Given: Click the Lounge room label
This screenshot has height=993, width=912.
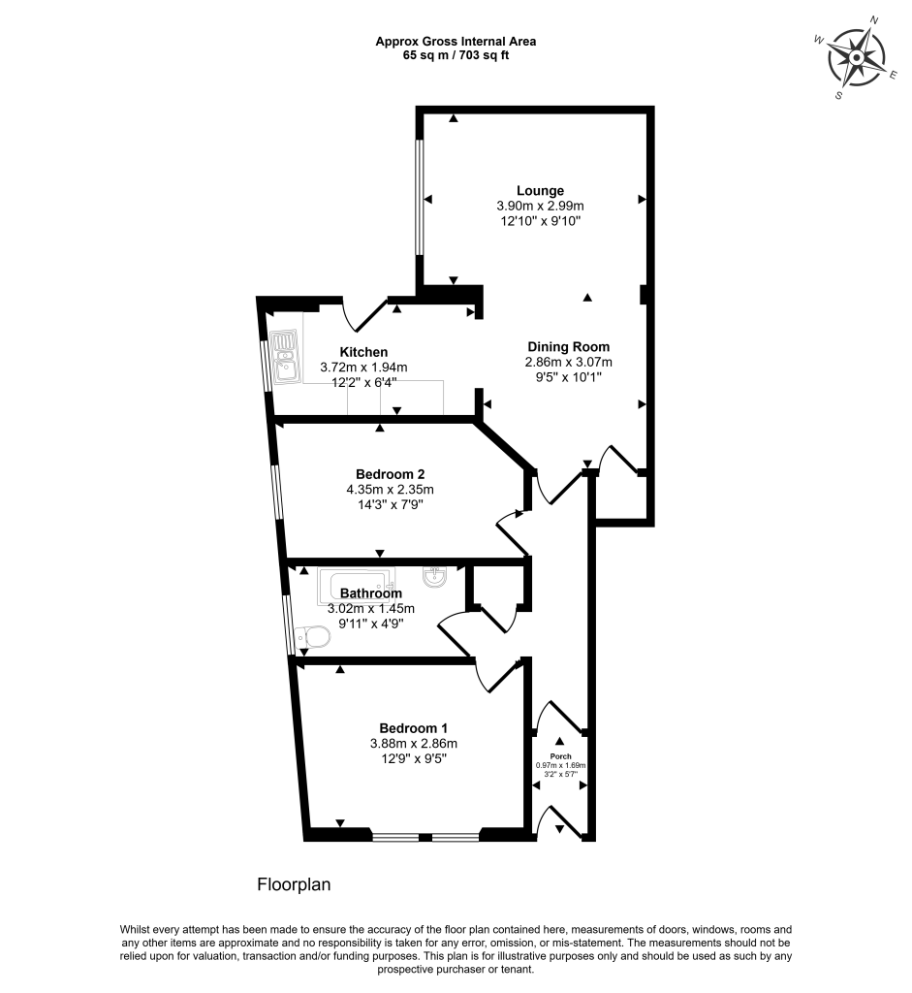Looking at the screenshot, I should [540, 190].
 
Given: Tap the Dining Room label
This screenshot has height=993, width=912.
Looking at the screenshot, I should [568, 346].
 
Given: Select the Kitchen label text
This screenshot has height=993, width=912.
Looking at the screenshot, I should [363, 352].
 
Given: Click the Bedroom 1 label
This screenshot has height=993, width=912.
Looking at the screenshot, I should [413, 728].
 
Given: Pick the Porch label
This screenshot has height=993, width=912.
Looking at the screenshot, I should [561, 756].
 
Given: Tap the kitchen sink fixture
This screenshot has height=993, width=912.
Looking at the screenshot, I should [285, 357].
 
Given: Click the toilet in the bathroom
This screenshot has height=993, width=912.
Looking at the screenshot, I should [313, 637].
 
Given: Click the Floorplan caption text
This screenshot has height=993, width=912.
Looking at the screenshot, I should [295, 884].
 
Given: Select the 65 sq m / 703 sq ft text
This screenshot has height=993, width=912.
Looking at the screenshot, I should [456, 55].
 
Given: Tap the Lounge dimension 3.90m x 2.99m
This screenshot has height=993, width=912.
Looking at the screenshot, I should [540, 206].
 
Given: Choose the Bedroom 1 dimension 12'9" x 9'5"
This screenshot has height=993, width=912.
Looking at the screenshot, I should [413, 759].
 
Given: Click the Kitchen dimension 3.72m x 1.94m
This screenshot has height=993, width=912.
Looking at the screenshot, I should [363, 368].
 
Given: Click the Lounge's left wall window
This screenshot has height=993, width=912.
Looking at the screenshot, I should [420, 198].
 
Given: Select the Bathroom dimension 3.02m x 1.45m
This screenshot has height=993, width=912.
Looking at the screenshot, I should [371, 608].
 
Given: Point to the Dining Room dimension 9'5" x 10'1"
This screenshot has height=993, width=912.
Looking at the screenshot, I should [568, 377].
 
